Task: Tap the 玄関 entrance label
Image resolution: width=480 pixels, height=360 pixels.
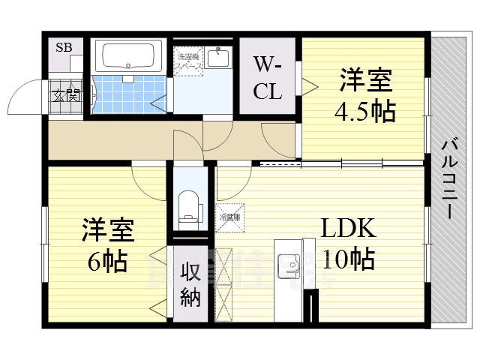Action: coord(65,95)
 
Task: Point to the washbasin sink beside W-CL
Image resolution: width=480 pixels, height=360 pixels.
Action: coord(220,57)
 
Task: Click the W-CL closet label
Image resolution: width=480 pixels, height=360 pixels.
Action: coord(268,78)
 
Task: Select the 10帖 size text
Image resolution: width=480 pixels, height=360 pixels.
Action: coord(349,259)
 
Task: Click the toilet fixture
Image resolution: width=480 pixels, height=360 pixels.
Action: coord(189,206)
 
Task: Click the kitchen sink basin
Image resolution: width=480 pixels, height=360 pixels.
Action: coord(287,265)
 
